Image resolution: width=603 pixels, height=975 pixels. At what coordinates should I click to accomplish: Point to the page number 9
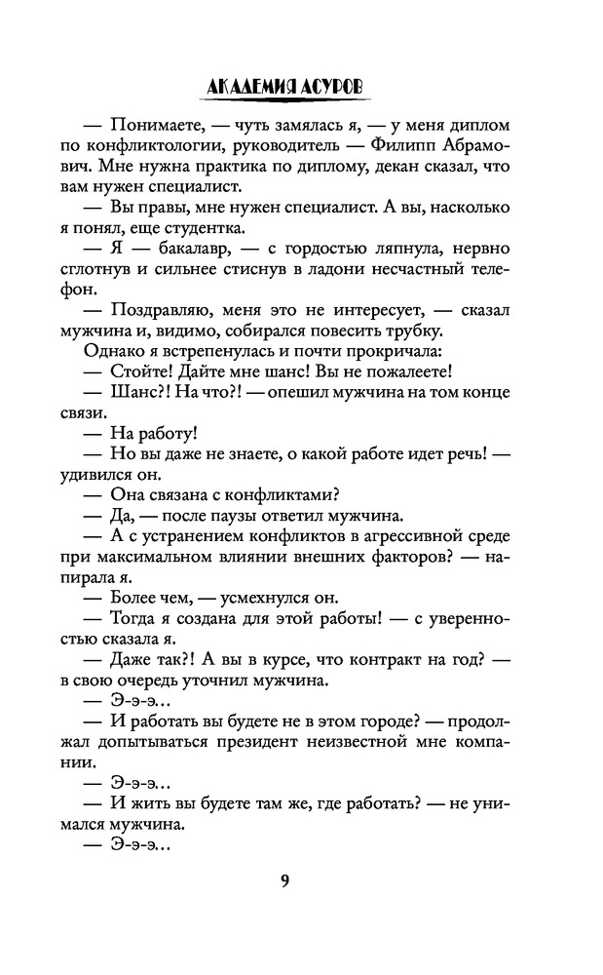tap(283, 882)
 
